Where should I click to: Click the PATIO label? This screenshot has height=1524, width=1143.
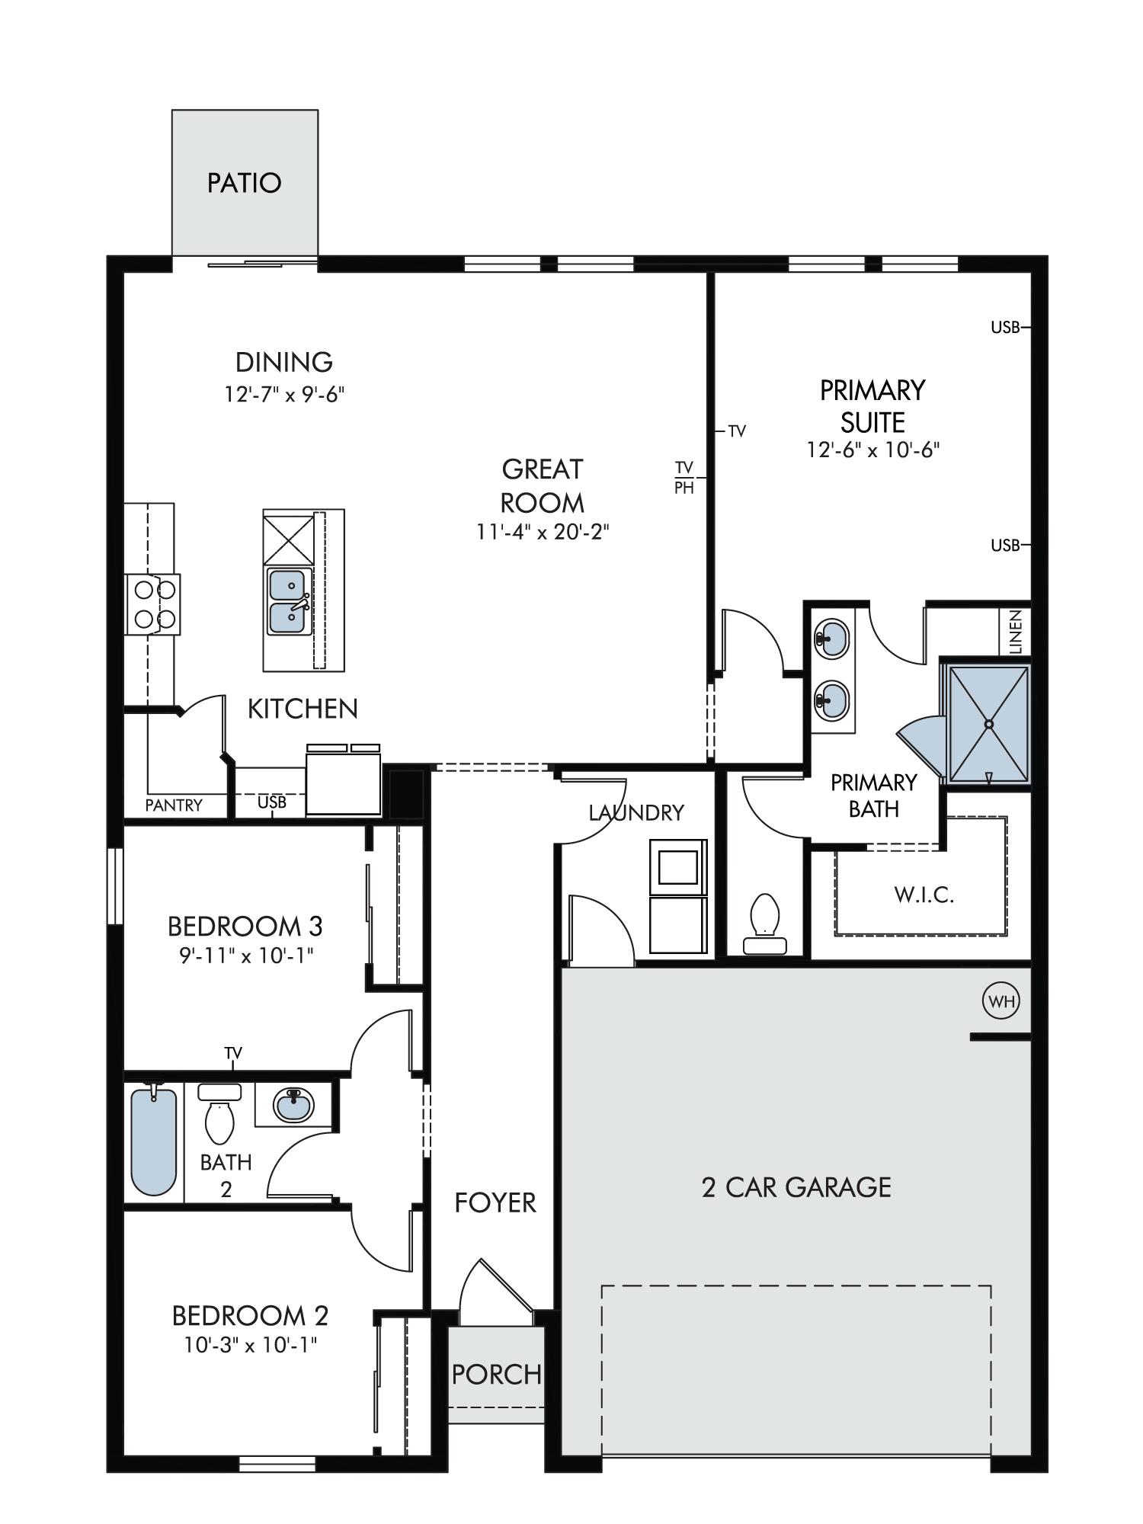click(x=245, y=183)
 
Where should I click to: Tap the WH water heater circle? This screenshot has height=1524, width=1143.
click(x=1002, y=1001)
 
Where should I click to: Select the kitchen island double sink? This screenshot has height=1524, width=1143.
click(x=289, y=601)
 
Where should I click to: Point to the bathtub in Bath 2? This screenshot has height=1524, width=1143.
click(x=154, y=1141)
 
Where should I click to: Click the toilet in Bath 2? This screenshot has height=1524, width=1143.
click(x=219, y=1113)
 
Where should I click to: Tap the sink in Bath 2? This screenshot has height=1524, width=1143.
click(x=293, y=1104)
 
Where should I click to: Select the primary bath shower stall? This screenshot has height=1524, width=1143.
click(x=988, y=723)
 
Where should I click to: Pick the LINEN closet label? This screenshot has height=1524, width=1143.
click(x=1015, y=631)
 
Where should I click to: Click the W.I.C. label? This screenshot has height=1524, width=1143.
click(x=924, y=894)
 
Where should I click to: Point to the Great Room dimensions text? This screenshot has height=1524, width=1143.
click(x=543, y=532)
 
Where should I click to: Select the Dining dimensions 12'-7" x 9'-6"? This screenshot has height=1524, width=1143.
click(x=284, y=394)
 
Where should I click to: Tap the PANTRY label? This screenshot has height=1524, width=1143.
click(x=174, y=805)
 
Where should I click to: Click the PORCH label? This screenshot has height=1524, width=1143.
click(x=496, y=1375)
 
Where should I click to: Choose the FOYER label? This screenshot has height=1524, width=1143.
click(x=495, y=1203)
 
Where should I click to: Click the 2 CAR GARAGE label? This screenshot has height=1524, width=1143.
click(x=796, y=1187)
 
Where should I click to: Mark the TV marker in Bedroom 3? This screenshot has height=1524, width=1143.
click(x=233, y=1054)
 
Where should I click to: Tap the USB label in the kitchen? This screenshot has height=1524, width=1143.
click(x=272, y=802)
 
